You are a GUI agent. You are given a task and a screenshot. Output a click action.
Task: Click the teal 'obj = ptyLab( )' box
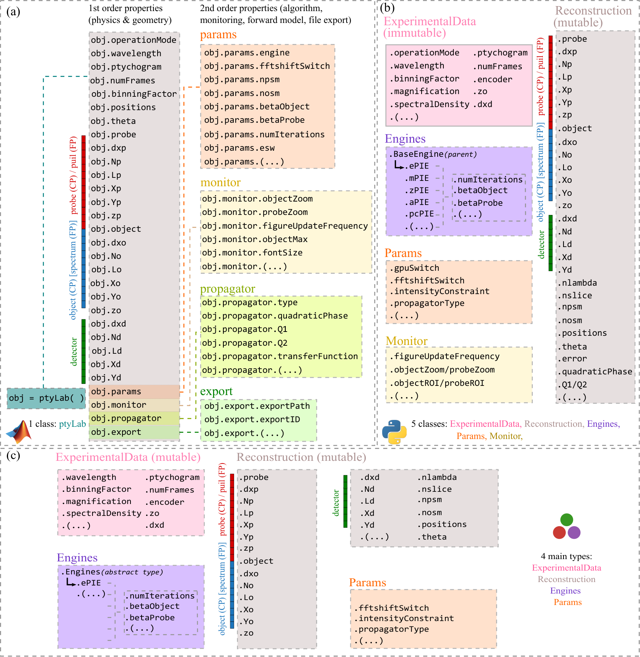click(46, 398)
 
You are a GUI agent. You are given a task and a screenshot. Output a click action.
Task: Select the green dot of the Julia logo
click(567, 520)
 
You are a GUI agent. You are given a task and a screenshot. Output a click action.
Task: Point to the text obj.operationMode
click(134, 40)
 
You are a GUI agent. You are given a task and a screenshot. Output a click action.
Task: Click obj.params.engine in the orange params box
click(247, 53)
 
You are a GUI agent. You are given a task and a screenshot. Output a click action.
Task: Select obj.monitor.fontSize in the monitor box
click(252, 253)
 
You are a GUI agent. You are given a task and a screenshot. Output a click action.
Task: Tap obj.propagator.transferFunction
click(280, 356)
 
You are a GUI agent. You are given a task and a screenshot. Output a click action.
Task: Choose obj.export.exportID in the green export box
click(252, 420)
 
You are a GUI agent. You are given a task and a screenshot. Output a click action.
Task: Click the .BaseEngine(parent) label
click(433, 154)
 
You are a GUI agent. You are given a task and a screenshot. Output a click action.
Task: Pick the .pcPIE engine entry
click(420, 214)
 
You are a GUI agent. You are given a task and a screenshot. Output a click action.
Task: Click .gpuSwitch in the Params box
click(414, 268)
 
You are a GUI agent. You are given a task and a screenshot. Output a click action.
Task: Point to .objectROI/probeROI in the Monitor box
click(437, 383)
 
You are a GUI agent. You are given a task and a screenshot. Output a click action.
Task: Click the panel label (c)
click(13, 455)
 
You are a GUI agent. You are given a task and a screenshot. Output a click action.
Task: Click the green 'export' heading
click(216, 392)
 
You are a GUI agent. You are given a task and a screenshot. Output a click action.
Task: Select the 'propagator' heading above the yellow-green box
click(228, 289)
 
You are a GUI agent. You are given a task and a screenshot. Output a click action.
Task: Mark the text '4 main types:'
click(567, 556)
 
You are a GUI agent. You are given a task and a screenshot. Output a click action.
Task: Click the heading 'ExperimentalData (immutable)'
click(430, 27)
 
